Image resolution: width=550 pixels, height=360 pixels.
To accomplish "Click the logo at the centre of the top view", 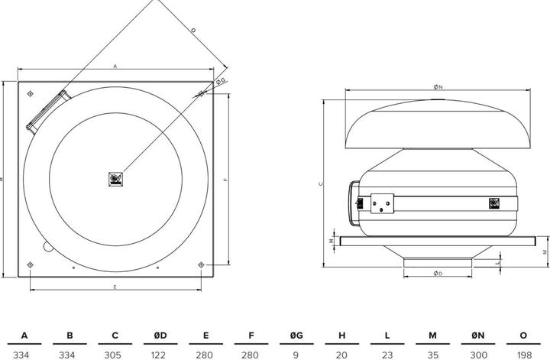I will coord(115,179).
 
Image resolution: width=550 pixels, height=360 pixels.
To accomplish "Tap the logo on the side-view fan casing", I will coord(495,203).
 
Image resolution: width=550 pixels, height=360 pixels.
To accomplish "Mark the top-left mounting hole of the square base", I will coord(29,93).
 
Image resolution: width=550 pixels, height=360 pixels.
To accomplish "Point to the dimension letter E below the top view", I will coord(115,287).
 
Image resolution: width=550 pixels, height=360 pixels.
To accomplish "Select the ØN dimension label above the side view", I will coord(438,88).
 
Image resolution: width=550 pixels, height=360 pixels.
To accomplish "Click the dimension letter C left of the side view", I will coord(320,183).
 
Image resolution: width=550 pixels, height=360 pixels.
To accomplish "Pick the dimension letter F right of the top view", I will coord(226,179).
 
